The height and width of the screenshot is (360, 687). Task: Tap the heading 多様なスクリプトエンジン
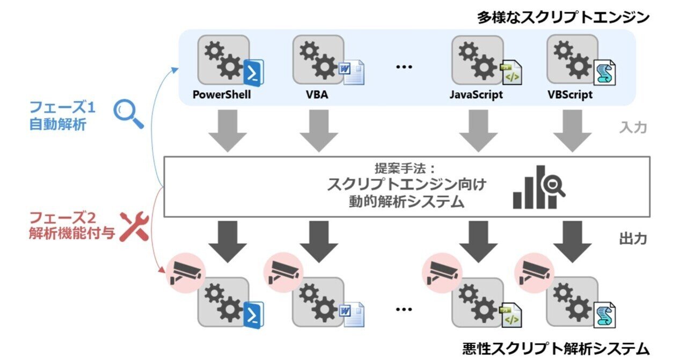click(x=564, y=17)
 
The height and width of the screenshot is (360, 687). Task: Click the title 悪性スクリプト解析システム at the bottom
click(x=556, y=348)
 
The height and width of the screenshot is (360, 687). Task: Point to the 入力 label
click(x=634, y=128)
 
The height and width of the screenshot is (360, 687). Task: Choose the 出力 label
click(x=634, y=238)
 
